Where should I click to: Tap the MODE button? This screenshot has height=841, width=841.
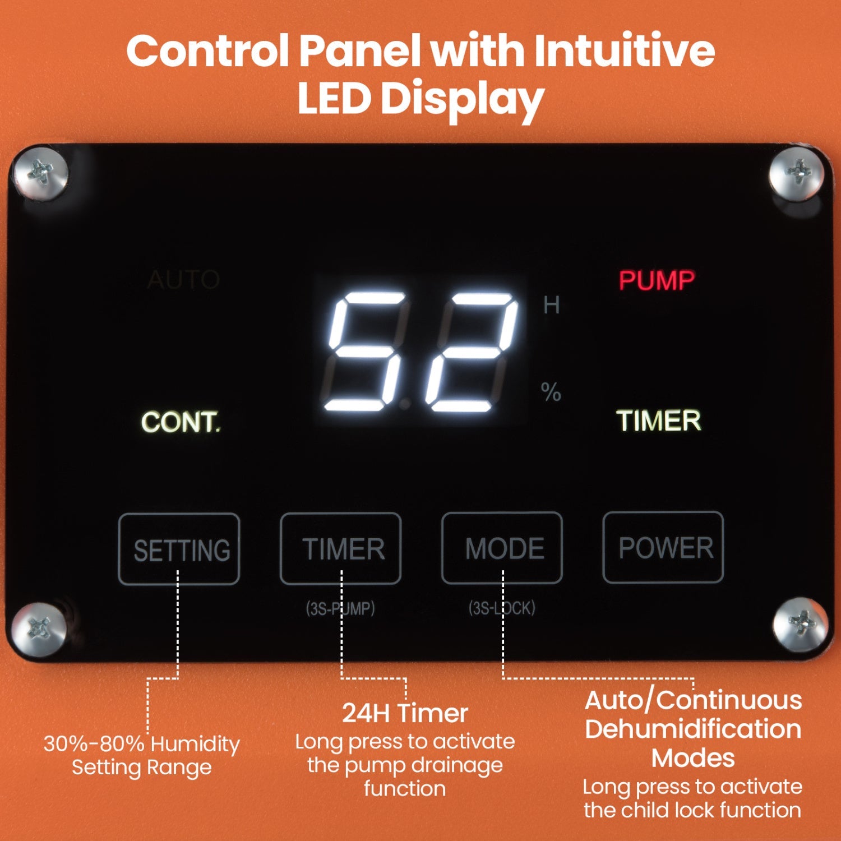coord(502,548)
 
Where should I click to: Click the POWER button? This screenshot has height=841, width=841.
coord(663,547)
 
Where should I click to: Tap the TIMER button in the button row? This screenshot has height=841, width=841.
coord(341,548)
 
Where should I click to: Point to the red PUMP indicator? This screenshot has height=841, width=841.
coord(657,280)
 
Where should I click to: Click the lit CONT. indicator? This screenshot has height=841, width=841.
coord(181,422)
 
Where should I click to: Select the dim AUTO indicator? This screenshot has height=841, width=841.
coord(183,279)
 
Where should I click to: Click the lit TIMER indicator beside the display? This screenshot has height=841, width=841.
coord(659,420)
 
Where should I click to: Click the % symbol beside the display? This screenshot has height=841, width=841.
coord(551,391)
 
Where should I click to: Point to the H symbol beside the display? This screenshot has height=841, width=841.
coord(552,305)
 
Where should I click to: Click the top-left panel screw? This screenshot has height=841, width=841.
coord(41,172)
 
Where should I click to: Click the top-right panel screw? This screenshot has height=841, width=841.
coord(797,172)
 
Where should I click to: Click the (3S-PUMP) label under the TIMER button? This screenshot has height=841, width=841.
coord(340,608)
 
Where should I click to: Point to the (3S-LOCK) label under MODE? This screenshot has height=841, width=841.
coord(502,608)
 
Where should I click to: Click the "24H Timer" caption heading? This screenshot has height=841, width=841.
coord(405,713)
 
